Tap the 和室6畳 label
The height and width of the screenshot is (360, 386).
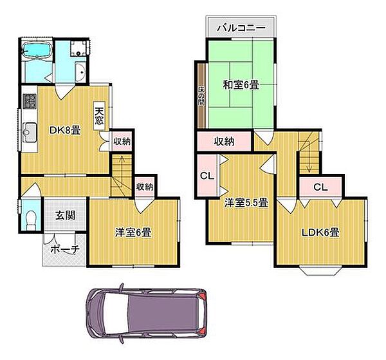[x=241, y=84]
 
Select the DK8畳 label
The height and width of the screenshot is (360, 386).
[x=65, y=130]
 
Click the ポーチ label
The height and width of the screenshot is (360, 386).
[x=64, y=250]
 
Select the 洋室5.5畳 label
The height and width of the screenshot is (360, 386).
[x=246, y=202]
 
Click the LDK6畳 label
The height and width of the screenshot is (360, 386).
[x=321, y=232]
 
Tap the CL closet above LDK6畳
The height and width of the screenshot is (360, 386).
[x=320, y=187]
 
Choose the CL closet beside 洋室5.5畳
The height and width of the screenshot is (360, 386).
[x=206, y=175]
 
